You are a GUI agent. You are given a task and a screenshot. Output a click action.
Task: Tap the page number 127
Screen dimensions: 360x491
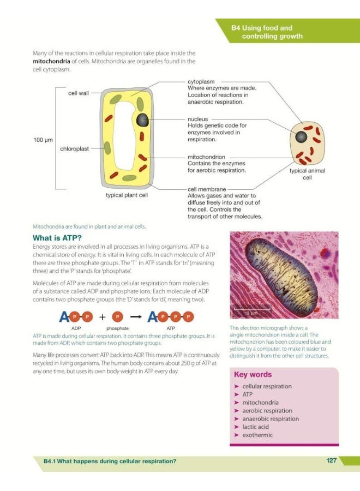[331, 460]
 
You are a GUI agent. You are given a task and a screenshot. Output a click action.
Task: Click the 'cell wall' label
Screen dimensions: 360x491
[78, 93]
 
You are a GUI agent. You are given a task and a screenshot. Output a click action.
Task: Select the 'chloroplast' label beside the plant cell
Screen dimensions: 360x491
[75, 148]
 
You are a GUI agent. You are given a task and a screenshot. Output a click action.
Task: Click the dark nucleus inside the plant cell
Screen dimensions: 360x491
[143, 120]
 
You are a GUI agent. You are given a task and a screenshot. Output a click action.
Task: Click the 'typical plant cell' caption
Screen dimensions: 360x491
[127, 194]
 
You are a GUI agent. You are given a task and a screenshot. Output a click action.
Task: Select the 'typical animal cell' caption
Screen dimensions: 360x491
[307, 174]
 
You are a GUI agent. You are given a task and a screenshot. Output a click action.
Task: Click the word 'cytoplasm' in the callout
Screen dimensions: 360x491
[201, 81]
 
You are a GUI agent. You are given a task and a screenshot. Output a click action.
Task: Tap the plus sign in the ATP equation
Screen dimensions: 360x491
[102, 316]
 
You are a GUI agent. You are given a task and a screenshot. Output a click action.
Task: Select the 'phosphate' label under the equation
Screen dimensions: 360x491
[117, 328]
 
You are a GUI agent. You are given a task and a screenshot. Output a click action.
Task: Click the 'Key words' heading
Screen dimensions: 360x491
[253, 375]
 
